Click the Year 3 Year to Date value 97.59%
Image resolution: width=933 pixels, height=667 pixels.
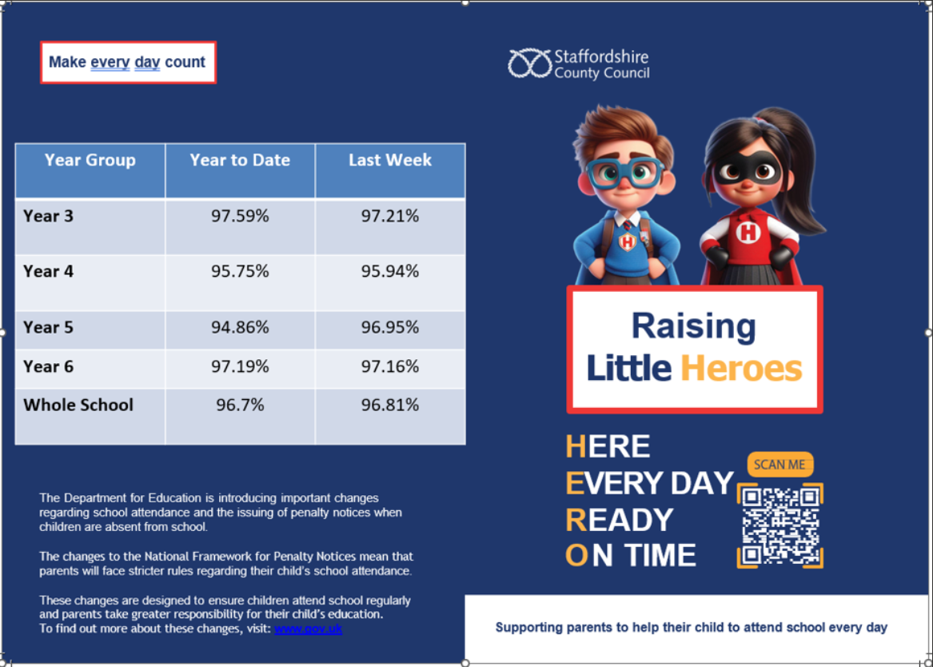[x=240, y=216]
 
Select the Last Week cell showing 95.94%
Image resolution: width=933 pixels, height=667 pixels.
[x=389, y=271]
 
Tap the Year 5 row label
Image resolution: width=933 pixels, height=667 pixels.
[x=48, y=327]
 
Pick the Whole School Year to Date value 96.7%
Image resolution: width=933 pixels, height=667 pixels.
[x=240, y=405]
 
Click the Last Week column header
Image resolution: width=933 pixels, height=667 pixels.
[x=389, y=160]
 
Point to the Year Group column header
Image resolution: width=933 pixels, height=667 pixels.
[x=90, y=160]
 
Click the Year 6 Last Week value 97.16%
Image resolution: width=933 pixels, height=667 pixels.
[x=389, y=366]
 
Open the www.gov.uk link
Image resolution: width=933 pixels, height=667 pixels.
[x=309, y=629]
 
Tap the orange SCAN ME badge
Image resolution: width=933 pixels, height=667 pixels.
[x=780, y=465]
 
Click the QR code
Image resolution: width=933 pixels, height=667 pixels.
[x=780, y=525]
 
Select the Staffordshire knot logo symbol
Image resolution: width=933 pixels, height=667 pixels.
[x=529, y=64]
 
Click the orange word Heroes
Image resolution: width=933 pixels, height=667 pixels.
[x=741, y=369]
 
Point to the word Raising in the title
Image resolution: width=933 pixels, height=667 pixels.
[x=693, y=326]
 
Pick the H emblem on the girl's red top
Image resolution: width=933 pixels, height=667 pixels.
[x=748, y=232]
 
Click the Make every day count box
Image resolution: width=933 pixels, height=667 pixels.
[x=128, y=62]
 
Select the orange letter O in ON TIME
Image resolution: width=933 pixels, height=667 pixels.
[x=576, y=556]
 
